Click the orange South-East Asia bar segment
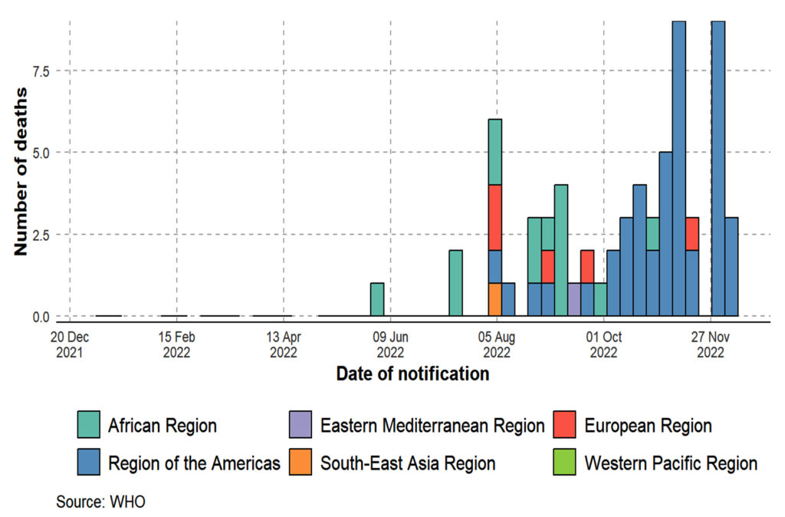pos(494,299)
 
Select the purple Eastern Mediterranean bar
pos(573,299)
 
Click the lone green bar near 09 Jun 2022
pos(376,299)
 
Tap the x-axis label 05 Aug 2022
pos(497,344)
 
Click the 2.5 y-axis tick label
pos(39,235)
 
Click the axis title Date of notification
pos(412,374)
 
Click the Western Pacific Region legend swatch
pos(563,463)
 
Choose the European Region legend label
pos(648,425)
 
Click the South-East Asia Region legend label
pos(408,463)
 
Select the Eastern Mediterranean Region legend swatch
pos(300,425)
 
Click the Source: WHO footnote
pos(100,502)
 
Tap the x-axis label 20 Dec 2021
pos(70,344)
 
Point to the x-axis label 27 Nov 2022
pos(711,344)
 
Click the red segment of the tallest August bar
pos(494,217)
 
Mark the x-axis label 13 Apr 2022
pos(284,344)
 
